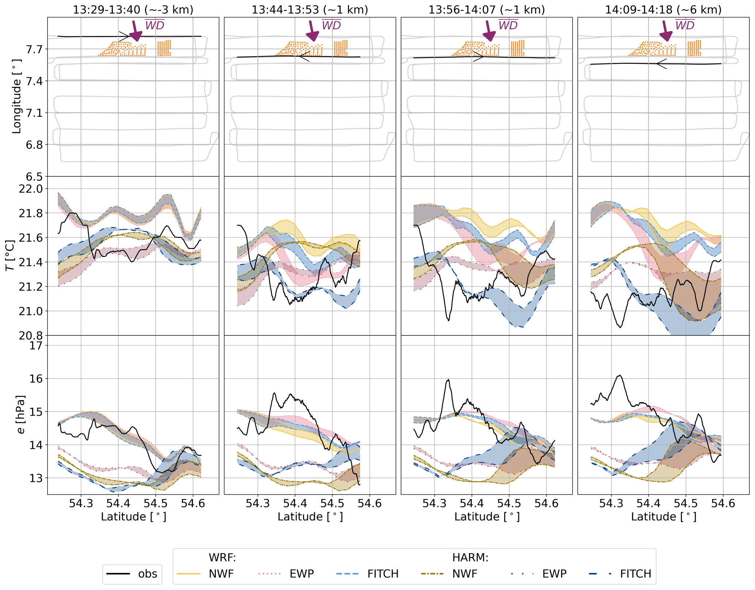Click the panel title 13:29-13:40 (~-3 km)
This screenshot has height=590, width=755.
pos(133,9)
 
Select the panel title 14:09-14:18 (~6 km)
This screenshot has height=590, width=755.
pos(663,9)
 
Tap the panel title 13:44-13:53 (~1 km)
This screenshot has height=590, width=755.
pos(310,9)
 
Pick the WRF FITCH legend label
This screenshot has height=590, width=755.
pos(382,574)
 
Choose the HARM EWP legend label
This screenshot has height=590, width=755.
pos(554,574)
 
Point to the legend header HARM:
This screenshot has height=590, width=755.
pos(470,558)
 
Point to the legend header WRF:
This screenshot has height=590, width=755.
pos(222,558)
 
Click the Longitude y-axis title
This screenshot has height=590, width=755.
pos(17,97)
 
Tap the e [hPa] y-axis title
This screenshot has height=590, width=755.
pos(21,414)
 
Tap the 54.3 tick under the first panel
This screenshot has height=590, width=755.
pos(81,503)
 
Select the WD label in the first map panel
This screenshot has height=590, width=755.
pos(155,25)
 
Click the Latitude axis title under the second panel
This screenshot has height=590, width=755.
pos(310,517)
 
